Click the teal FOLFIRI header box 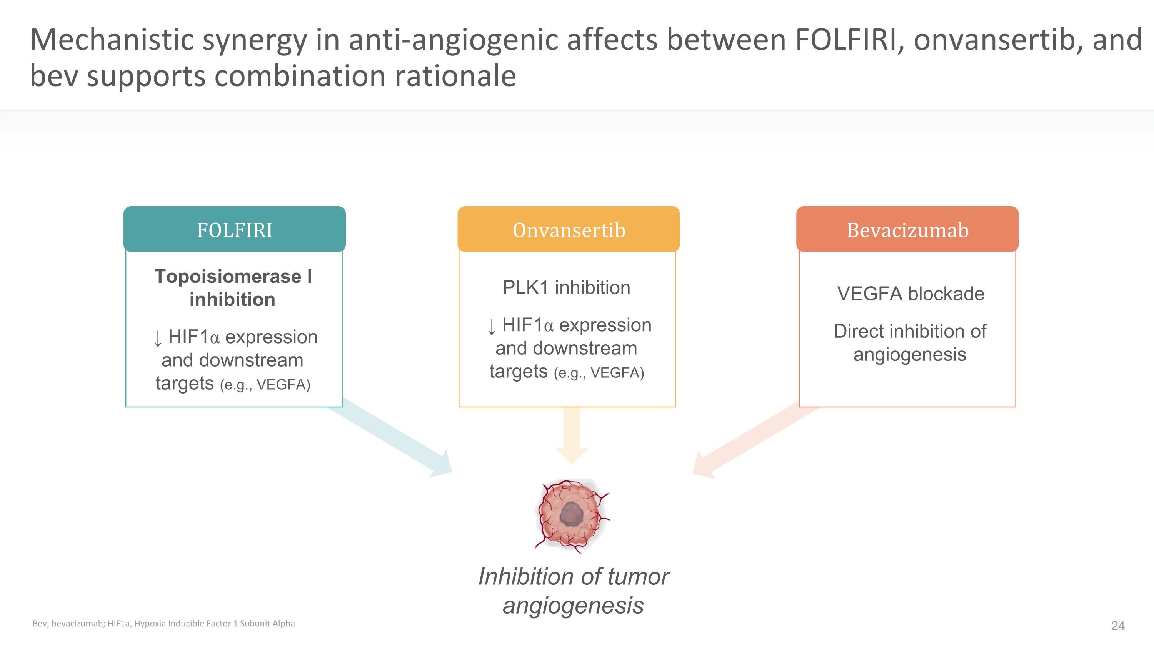(234, 229)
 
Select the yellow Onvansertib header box (569, 229)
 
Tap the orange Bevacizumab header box (907, 229)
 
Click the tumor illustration (572, 516)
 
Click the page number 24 (1118, 626)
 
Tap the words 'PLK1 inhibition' (566, 287)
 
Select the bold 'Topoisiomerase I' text (233, 276)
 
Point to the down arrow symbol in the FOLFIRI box (158, 338)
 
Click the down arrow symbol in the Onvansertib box (492, 327)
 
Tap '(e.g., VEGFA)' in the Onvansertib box (599, 373)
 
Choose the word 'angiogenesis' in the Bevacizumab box (910, 355)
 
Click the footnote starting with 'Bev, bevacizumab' (163, 624)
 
